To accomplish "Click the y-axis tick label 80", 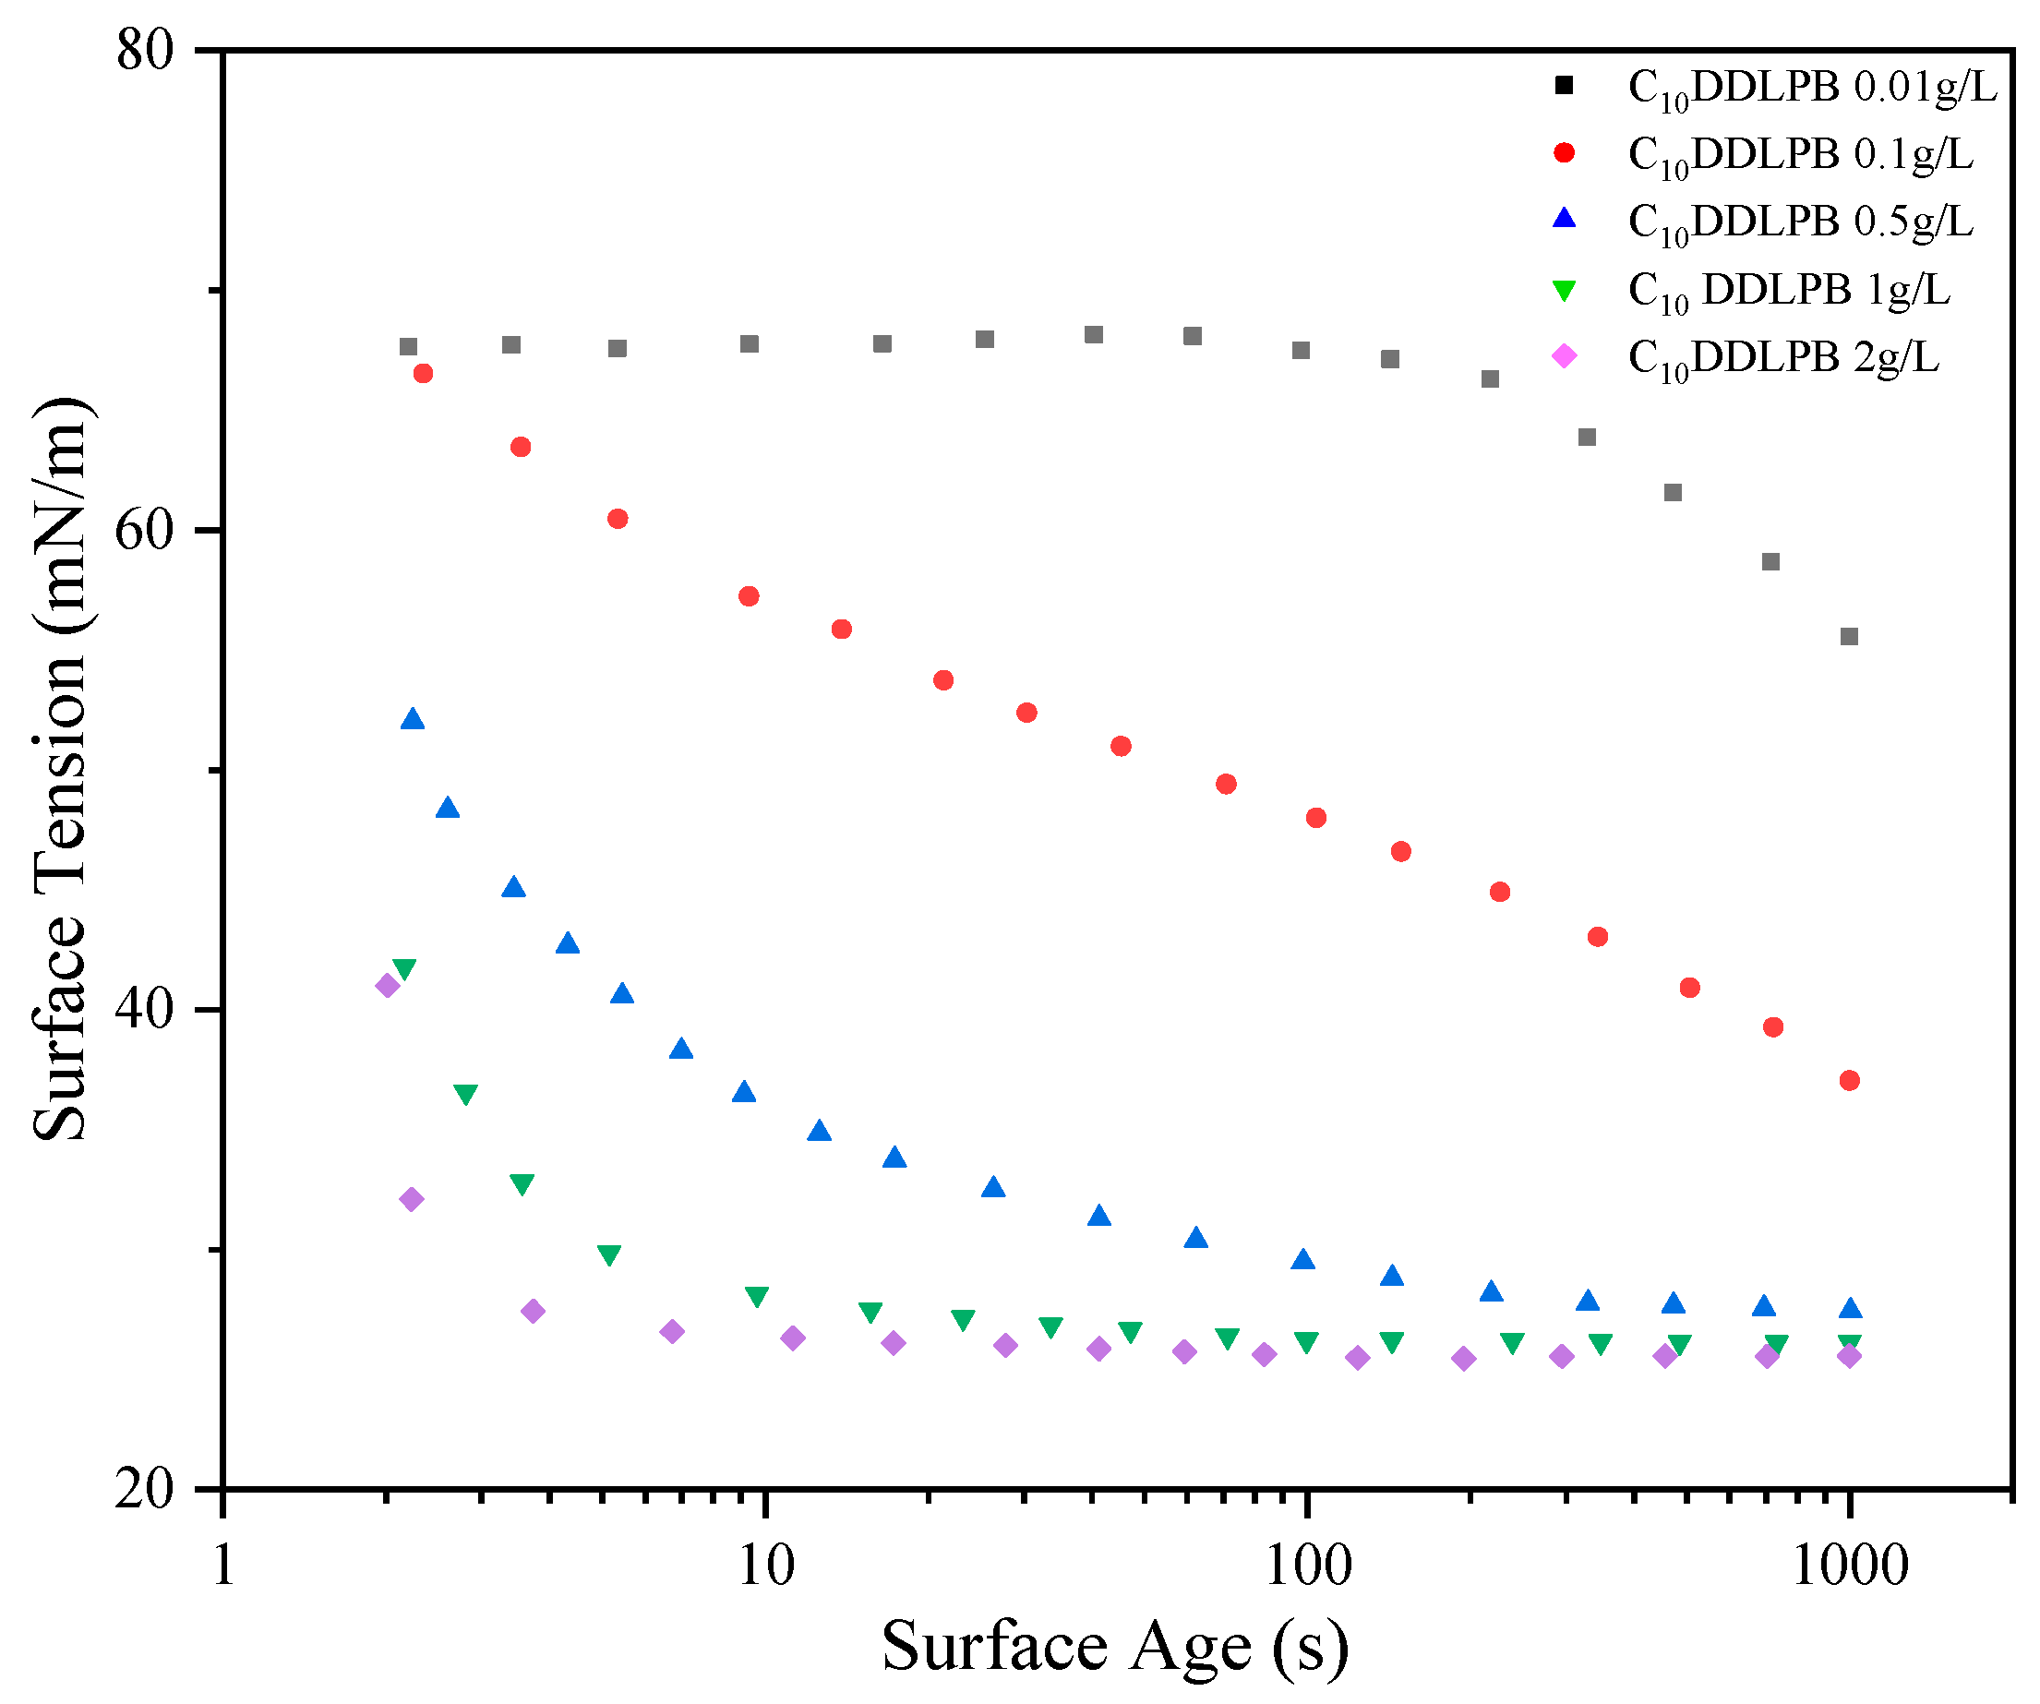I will [x=146, y=51].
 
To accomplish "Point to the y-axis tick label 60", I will [x=146, y=532].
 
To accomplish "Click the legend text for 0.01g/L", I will [x=1812, y=89].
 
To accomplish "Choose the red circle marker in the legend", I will [x=1564, y=153].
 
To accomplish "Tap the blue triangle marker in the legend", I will [x=1564, y=220].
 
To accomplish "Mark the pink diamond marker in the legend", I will [x=1564, y=356].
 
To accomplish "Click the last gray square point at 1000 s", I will [x=1850, y=636].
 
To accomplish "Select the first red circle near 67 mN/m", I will [x=423, y=373].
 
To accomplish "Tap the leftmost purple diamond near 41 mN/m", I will [x=388, y=986].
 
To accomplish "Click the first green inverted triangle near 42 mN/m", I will [x=404, y=969].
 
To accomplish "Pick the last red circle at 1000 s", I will [x=1850, y=1080].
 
